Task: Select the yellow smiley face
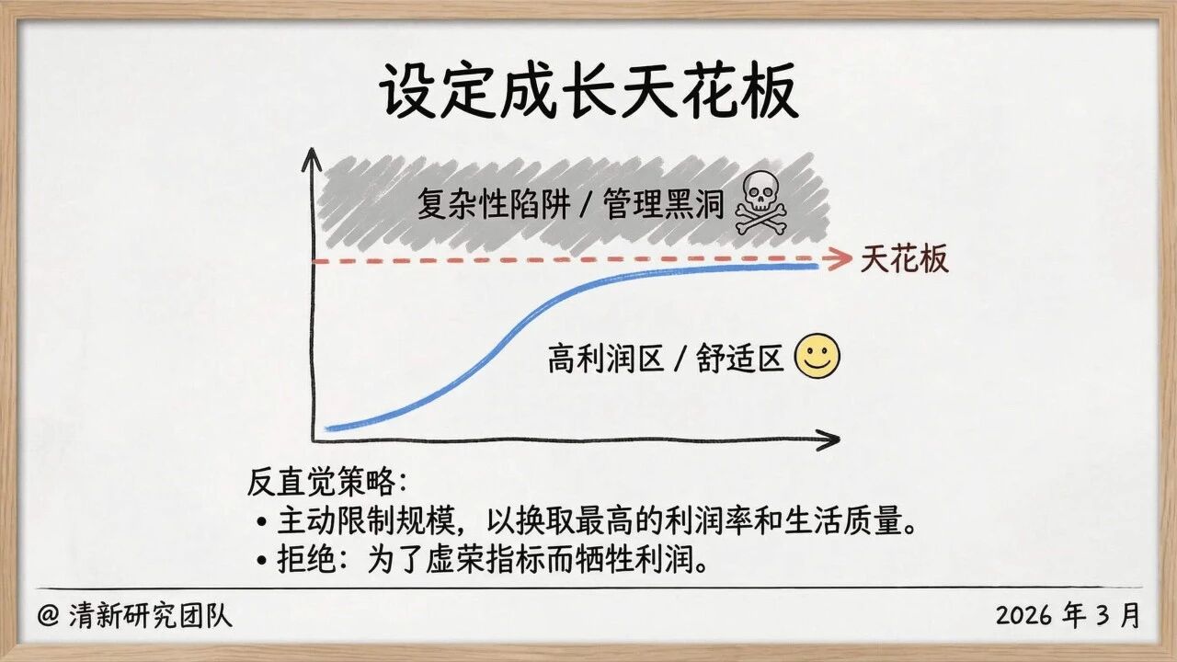coord(817,358)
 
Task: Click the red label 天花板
coord(905,260)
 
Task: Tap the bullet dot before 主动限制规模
coord(262,522)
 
